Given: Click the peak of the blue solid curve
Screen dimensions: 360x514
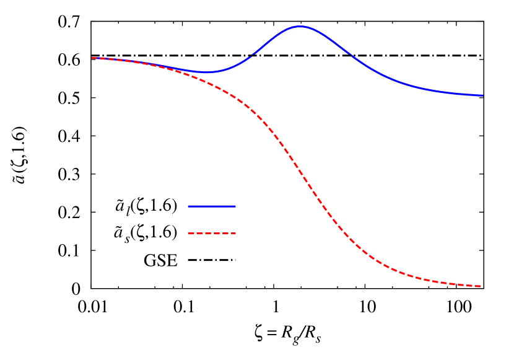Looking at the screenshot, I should pos(300,27).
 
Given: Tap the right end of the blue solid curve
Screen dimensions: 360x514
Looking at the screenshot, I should pos(482,95).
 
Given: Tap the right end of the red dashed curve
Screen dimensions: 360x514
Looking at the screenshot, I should pos(481,286).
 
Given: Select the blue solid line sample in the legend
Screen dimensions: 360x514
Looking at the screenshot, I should pos(212,206).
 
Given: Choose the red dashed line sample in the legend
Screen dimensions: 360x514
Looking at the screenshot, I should pos(212,234).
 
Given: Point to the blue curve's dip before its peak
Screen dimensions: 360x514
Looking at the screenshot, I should pos(206,72).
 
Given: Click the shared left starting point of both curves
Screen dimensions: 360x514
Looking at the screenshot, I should pos(92,58).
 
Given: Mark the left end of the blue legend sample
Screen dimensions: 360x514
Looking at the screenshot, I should pos(188,206).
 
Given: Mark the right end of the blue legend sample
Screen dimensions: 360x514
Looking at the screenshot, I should pos(236,206).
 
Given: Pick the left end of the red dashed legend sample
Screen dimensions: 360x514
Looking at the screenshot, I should pos(188,234).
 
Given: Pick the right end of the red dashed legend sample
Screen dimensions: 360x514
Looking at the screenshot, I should pos(236,234).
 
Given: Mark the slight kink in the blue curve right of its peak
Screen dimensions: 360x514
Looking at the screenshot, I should pos(352,55).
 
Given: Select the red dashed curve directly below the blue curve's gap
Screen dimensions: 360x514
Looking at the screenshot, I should pos(251,110).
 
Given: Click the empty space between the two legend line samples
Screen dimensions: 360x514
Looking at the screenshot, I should pos(212,220).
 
